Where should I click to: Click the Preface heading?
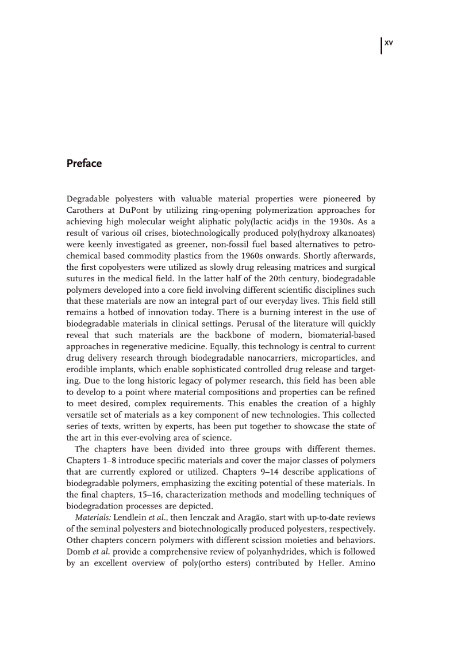tap(84, 163)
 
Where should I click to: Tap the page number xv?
tap(389, 43)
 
